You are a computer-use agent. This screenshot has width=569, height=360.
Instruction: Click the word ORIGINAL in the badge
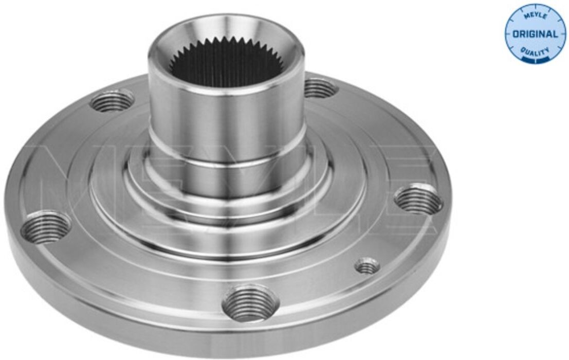pos(535,34)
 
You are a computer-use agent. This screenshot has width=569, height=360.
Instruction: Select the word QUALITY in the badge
pos(535,51)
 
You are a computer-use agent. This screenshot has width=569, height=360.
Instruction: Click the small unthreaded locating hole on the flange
pos(367,266)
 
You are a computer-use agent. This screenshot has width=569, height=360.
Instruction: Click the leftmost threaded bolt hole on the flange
pos(46,226)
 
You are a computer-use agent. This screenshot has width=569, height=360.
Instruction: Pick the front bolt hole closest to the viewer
pos(250,303)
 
